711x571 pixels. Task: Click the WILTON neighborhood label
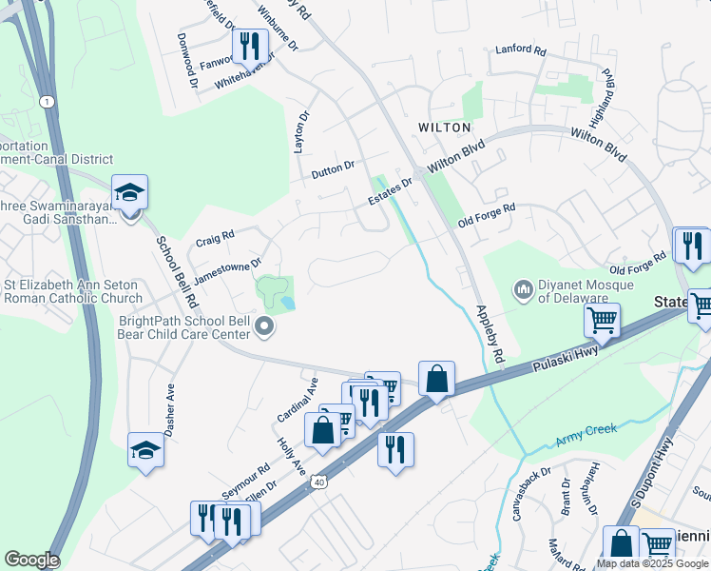(444, 127)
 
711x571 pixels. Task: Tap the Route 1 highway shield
(45, 101)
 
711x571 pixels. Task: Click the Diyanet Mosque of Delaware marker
(523, 288)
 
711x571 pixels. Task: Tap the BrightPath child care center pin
(265, 329)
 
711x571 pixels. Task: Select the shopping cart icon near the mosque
(603, 322)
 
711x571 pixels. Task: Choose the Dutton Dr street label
(333, 170)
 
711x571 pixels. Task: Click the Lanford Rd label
(521, 50)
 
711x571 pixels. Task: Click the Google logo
(31, 560)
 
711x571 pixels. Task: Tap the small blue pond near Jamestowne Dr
(287, 303)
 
